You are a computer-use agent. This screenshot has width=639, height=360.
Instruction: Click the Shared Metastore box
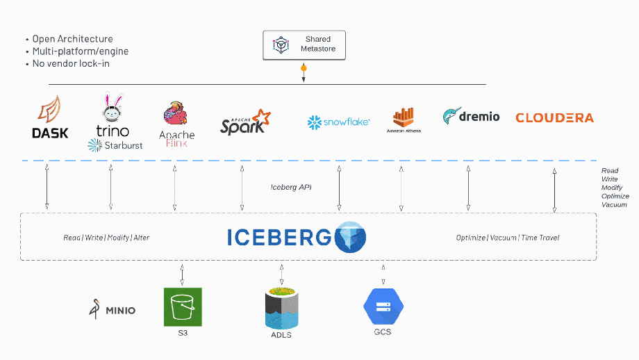[x=304, y=44]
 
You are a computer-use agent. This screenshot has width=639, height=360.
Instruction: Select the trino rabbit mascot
[x=113, y=107]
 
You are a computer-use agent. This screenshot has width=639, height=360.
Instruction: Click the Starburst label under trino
[x=115, y=145]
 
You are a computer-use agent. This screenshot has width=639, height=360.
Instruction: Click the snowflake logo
[x=338, y=122]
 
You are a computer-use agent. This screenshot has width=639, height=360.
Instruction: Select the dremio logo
[x=471, y=116]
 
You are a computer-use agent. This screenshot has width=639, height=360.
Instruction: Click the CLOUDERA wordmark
[x=554, y=117]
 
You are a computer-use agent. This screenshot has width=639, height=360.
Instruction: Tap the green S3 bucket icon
[x=183, y=306]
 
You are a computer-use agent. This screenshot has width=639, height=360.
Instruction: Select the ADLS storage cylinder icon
[x=281, y=309]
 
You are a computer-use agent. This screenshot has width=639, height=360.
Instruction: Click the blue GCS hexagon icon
[x=383, y=306]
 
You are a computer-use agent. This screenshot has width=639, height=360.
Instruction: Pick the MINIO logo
[x=113, y=309]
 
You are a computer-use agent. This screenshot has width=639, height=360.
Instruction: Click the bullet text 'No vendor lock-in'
[x=71, y=63]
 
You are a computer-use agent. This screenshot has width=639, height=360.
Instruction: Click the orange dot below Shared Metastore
[x=303, y=68]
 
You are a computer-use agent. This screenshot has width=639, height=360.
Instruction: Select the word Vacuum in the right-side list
[x=614, y=204]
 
